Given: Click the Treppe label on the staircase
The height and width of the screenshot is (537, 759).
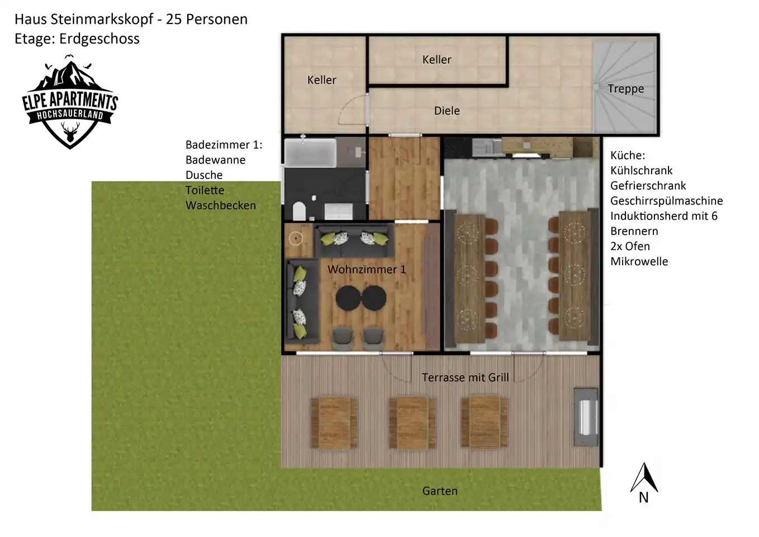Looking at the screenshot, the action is point(625,89).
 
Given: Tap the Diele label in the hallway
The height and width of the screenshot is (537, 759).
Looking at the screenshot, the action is point(447,111).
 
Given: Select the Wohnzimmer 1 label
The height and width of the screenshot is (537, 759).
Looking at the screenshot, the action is point(367,270).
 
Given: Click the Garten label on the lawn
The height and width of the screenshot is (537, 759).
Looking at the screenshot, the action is point(440,491).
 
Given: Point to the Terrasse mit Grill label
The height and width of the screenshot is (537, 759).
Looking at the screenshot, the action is point(465,378).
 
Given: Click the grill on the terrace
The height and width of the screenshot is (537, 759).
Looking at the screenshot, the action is point(586,417).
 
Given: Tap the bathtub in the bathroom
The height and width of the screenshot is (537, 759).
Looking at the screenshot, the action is point(310,153).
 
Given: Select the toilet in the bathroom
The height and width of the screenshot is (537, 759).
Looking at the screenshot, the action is point(299,211).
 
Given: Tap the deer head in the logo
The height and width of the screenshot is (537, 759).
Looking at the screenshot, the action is point(70,132).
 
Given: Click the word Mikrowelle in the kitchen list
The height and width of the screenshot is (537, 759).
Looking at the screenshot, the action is point(639,262).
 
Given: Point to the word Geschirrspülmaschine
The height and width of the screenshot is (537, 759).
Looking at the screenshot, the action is point(666,201).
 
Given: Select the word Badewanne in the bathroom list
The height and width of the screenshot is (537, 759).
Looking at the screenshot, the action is point(216,160).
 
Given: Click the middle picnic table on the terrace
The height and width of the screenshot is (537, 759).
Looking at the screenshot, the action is point(412,423).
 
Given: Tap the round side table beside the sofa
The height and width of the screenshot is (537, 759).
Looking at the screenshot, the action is point(296,238).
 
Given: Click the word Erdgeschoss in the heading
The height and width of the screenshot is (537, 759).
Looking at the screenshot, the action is point(99,39).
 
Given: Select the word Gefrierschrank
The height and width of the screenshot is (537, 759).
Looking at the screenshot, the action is point(648,186).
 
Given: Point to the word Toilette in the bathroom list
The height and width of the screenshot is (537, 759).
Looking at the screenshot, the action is point(205,190).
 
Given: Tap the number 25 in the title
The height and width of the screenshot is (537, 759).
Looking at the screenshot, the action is point(174,20).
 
